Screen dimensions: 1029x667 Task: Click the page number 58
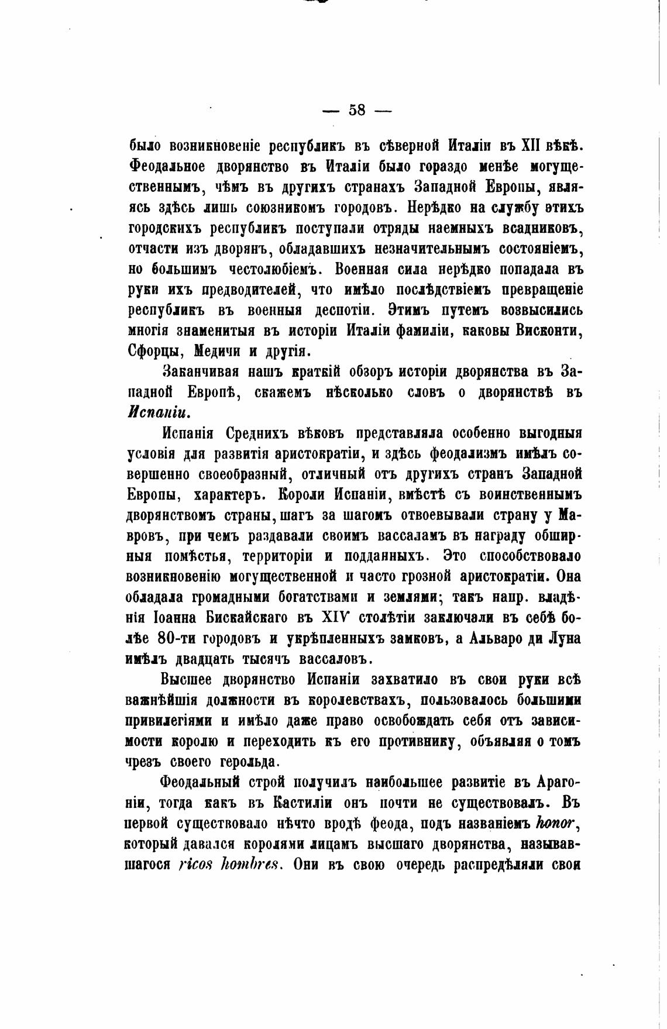click(x=357, y=109)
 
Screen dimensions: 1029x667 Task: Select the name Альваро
click(x=492, y=638)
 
